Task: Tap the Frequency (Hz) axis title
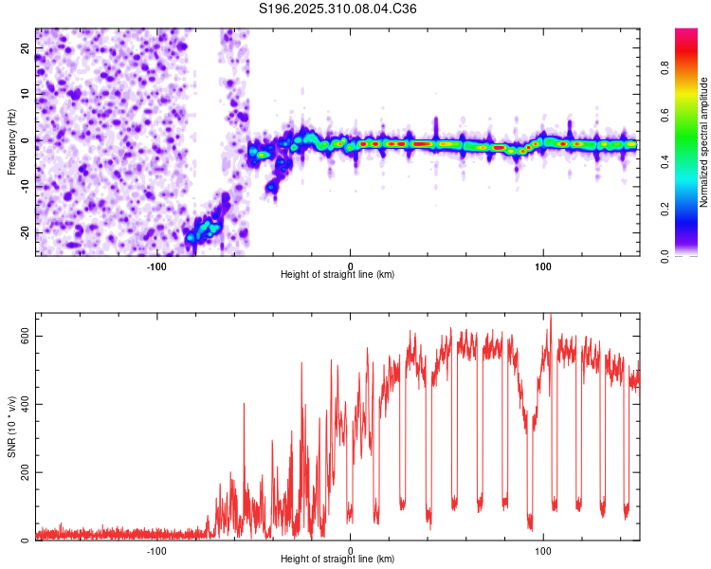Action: pos(11,140)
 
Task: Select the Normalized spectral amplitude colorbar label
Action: pos(704,142)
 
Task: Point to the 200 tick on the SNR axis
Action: pos(23,472)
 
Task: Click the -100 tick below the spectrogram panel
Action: pos(156,266)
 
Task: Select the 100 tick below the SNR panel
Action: pos(543,550)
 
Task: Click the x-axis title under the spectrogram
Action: pos(337,275)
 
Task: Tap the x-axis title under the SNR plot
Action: pos(337,560)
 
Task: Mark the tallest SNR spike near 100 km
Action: pos(551,316)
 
